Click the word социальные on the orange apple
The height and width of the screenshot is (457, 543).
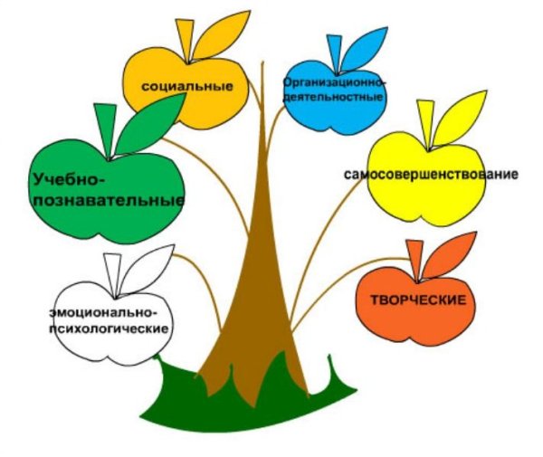(x=187, y=86)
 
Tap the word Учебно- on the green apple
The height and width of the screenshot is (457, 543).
(x=69, y=180)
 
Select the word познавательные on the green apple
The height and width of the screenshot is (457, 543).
(x=109, y=201)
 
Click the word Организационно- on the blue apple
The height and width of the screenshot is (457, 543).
(x=335, y=83)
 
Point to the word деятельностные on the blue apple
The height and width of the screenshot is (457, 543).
(x=333, y=96)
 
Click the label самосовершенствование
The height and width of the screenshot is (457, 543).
(x=431, y=174)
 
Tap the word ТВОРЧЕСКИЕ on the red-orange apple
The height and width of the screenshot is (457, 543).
(x=419, y=300)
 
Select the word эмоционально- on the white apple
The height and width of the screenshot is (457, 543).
(x=103, y=312)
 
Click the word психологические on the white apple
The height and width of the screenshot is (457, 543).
(x=110, y=328)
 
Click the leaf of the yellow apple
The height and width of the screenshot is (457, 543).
(x=461, y=118)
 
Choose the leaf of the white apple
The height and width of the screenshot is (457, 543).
(x=148, y=268)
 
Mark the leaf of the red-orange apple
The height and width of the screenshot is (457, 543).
(x=450, y=254)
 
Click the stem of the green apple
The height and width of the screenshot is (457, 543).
(x=105, y=131)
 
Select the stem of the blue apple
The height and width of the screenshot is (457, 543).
(x=334, y=54)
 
